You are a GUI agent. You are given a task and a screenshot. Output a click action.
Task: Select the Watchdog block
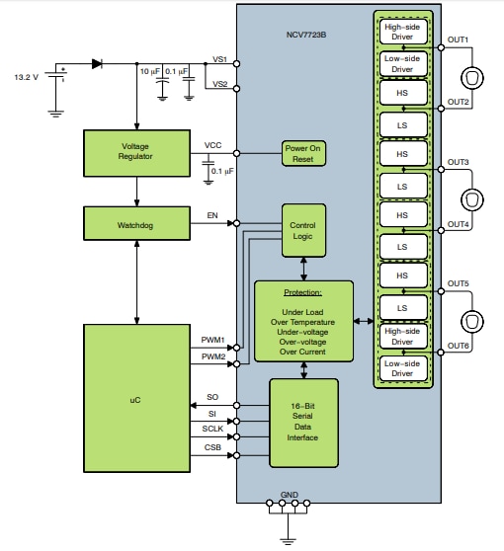pyautogui.click(x=134, y=222)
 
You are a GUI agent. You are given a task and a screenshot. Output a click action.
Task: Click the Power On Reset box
pyautogui.click(x=303, y=154)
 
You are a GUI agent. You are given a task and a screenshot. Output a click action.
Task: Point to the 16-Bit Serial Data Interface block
pyautogui.click(x=303, y=423)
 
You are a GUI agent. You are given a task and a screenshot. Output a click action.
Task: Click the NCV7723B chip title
pyautogui.click(x=305, y=36)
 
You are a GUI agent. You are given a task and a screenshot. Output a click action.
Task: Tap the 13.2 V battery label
pyautogui.click(x=26, y=76)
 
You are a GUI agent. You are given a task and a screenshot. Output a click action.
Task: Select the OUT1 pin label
pyautogui.click(x=458, y=39)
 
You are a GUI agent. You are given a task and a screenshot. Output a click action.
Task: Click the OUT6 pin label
pyautogui.click(x=458, y=346)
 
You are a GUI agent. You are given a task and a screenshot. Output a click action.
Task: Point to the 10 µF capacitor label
pyautogui.click(x=149, y=72)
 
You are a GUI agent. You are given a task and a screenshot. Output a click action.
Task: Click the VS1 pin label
pyautogui.click(x=219, y=59)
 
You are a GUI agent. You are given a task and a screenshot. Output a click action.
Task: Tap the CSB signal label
pyautogui.click(x=211, y=448)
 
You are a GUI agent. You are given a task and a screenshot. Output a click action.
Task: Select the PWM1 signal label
pyautogui.click(x=213, y=341)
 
